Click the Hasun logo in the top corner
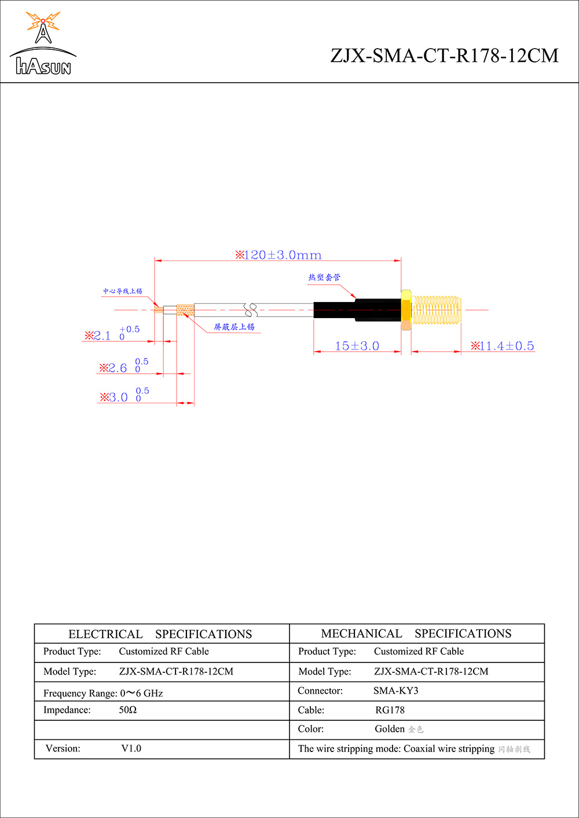coord(43,44)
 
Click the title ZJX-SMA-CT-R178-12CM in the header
coord(444,56)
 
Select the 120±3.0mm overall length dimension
coord(278,255)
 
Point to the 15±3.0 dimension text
coord(357,346)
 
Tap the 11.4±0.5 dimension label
coord(503,346)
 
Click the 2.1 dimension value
coord(102,336)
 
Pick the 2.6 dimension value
coord(117,368)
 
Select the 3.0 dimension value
coord(118,397)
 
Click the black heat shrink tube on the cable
coord(357,310)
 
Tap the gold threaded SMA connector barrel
coord(437,310)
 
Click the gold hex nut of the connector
coord(406,309)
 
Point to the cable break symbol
coord(251,310)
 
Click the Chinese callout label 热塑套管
coord(324,278)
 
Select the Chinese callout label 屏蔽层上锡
coord(234,327)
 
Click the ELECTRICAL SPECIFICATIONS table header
coord(160,634)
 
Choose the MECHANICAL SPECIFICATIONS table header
coord(416,633)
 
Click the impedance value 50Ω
coord(128,710)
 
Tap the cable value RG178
coord(390,710)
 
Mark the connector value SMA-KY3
coord(395,691)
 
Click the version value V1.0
coord(131,749)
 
